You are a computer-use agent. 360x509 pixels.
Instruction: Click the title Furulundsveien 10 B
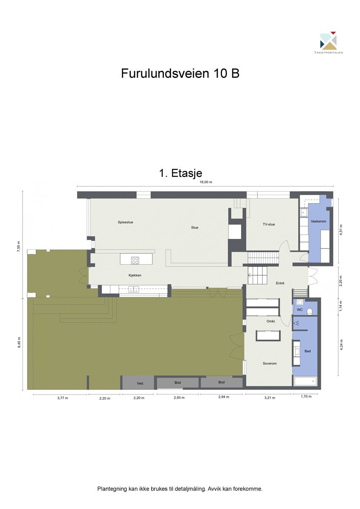coord(180,73)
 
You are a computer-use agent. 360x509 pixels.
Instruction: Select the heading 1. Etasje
coord(180,173)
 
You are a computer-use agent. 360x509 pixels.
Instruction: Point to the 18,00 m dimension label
coord(205,182)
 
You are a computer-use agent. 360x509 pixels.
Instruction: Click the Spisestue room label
coord(126,222)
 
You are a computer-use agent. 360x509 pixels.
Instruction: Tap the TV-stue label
coord(268,224)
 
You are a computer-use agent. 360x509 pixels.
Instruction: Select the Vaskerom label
coord(318,221)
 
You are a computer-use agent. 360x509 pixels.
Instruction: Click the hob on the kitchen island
coord(135,260)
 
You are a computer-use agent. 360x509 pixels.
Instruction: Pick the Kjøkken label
coord(135,276)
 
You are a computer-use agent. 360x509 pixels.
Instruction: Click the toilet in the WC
coord(310,312)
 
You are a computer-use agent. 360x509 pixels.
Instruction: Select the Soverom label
coord(270,364)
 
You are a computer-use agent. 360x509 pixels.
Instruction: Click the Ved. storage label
coord(140,383)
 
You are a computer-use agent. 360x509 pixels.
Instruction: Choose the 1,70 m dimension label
coord(306,397)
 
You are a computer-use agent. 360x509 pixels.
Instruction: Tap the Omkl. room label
coord(271,322)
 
